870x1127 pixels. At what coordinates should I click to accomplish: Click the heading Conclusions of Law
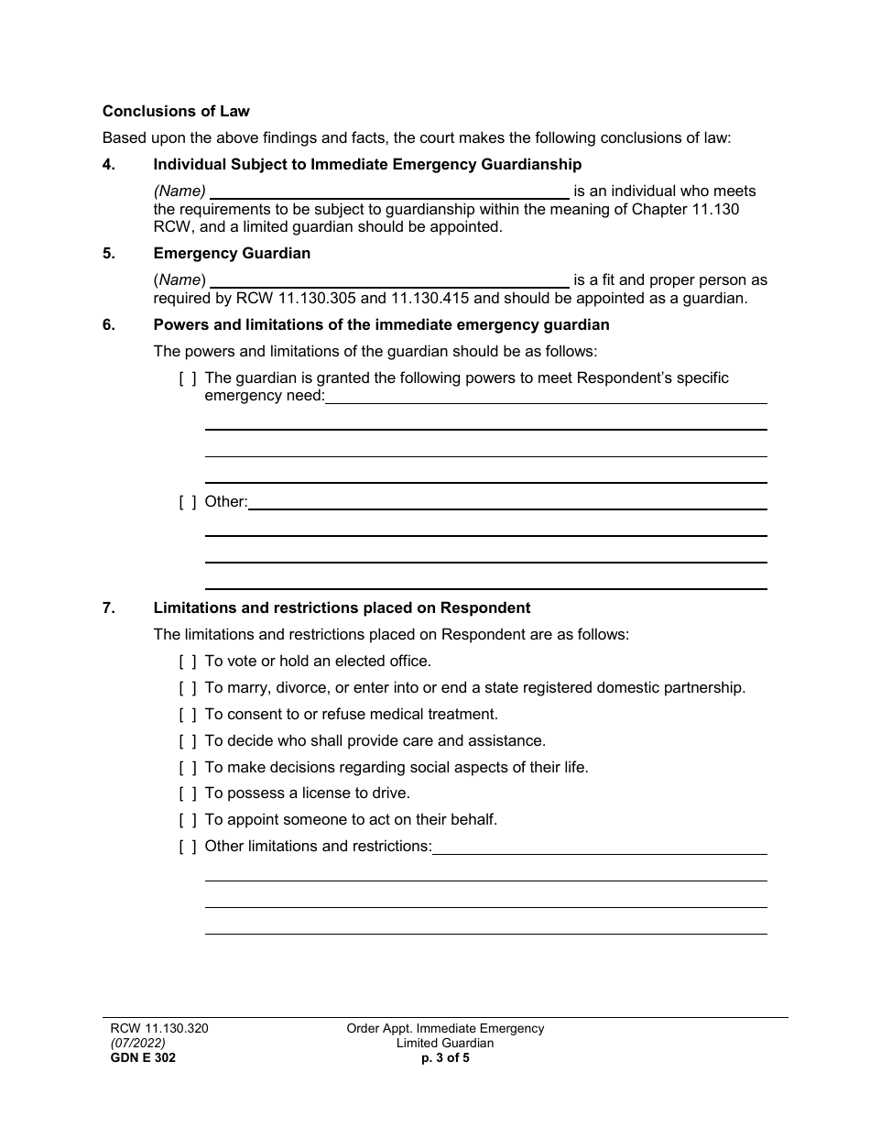tap(176, 112)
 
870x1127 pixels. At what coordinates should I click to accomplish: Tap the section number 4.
tap(108, 165)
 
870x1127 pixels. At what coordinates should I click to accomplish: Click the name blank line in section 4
tap(389, 193)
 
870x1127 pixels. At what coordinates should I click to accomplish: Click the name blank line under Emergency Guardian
tap(389, 281)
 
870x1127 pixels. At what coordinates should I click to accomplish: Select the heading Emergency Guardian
tap(232, 254)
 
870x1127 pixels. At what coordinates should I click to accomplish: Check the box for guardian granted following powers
tap(187, 378)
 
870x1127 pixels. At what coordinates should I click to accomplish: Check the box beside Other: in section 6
tap(187, 502)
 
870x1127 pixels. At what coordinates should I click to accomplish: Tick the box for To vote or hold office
tap(187, 662)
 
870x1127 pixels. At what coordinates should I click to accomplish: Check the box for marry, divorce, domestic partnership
tap(187, 688)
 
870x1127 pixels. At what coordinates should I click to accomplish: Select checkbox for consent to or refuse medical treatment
tap(187, 715)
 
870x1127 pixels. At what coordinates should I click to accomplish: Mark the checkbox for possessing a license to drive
tap(187, 793)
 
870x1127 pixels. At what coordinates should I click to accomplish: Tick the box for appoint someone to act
tap(187, 820)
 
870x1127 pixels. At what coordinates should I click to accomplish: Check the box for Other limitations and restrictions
tap(187, 847)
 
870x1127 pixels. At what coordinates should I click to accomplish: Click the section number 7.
tap(108, 608)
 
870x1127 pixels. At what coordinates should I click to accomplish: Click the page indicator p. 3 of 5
tap(445, 1058)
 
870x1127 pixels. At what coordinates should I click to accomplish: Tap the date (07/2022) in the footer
tap(134, 1044)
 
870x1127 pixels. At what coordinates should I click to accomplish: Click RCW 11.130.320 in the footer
tap(155, 1029)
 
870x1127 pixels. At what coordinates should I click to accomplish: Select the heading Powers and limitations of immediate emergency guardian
tap(381, 325)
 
